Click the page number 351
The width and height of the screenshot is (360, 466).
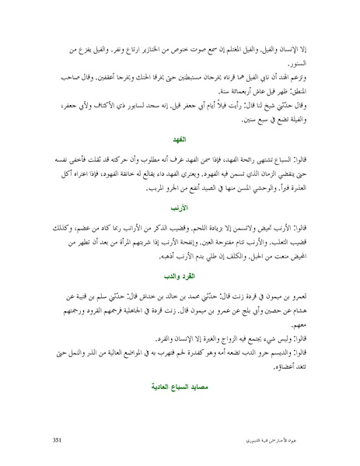click(x=56, y=440)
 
